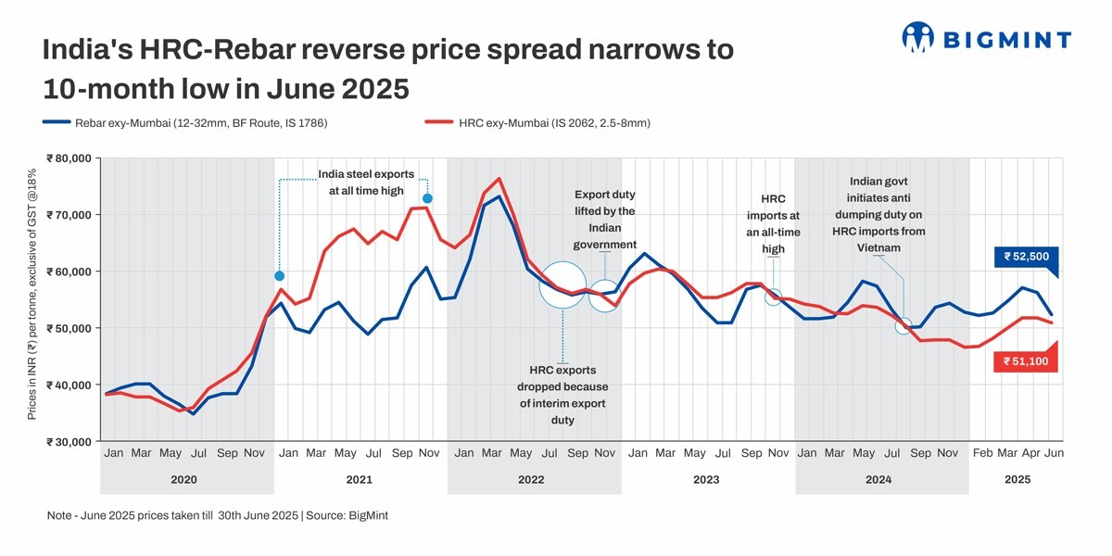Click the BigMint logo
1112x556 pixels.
[986, 38]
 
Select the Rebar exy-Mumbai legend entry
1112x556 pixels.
[185, 122]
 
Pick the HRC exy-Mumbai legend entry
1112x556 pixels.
[537, 122]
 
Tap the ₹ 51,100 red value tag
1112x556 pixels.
[1025, 361]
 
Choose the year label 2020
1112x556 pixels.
[184, 480]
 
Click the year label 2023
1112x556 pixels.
[706, 480]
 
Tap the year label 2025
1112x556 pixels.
[1017, 480]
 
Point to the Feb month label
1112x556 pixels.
[982, 453]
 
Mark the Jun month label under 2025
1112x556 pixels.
[1054, 453]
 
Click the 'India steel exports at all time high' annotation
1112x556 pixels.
[366, 183]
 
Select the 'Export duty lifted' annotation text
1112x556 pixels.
[604, 220]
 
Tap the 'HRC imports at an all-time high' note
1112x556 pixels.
[773, 223]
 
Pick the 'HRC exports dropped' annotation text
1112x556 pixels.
[562, 395]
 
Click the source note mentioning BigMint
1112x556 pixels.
[217, 515]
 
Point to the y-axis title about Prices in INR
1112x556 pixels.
[32, 295]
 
